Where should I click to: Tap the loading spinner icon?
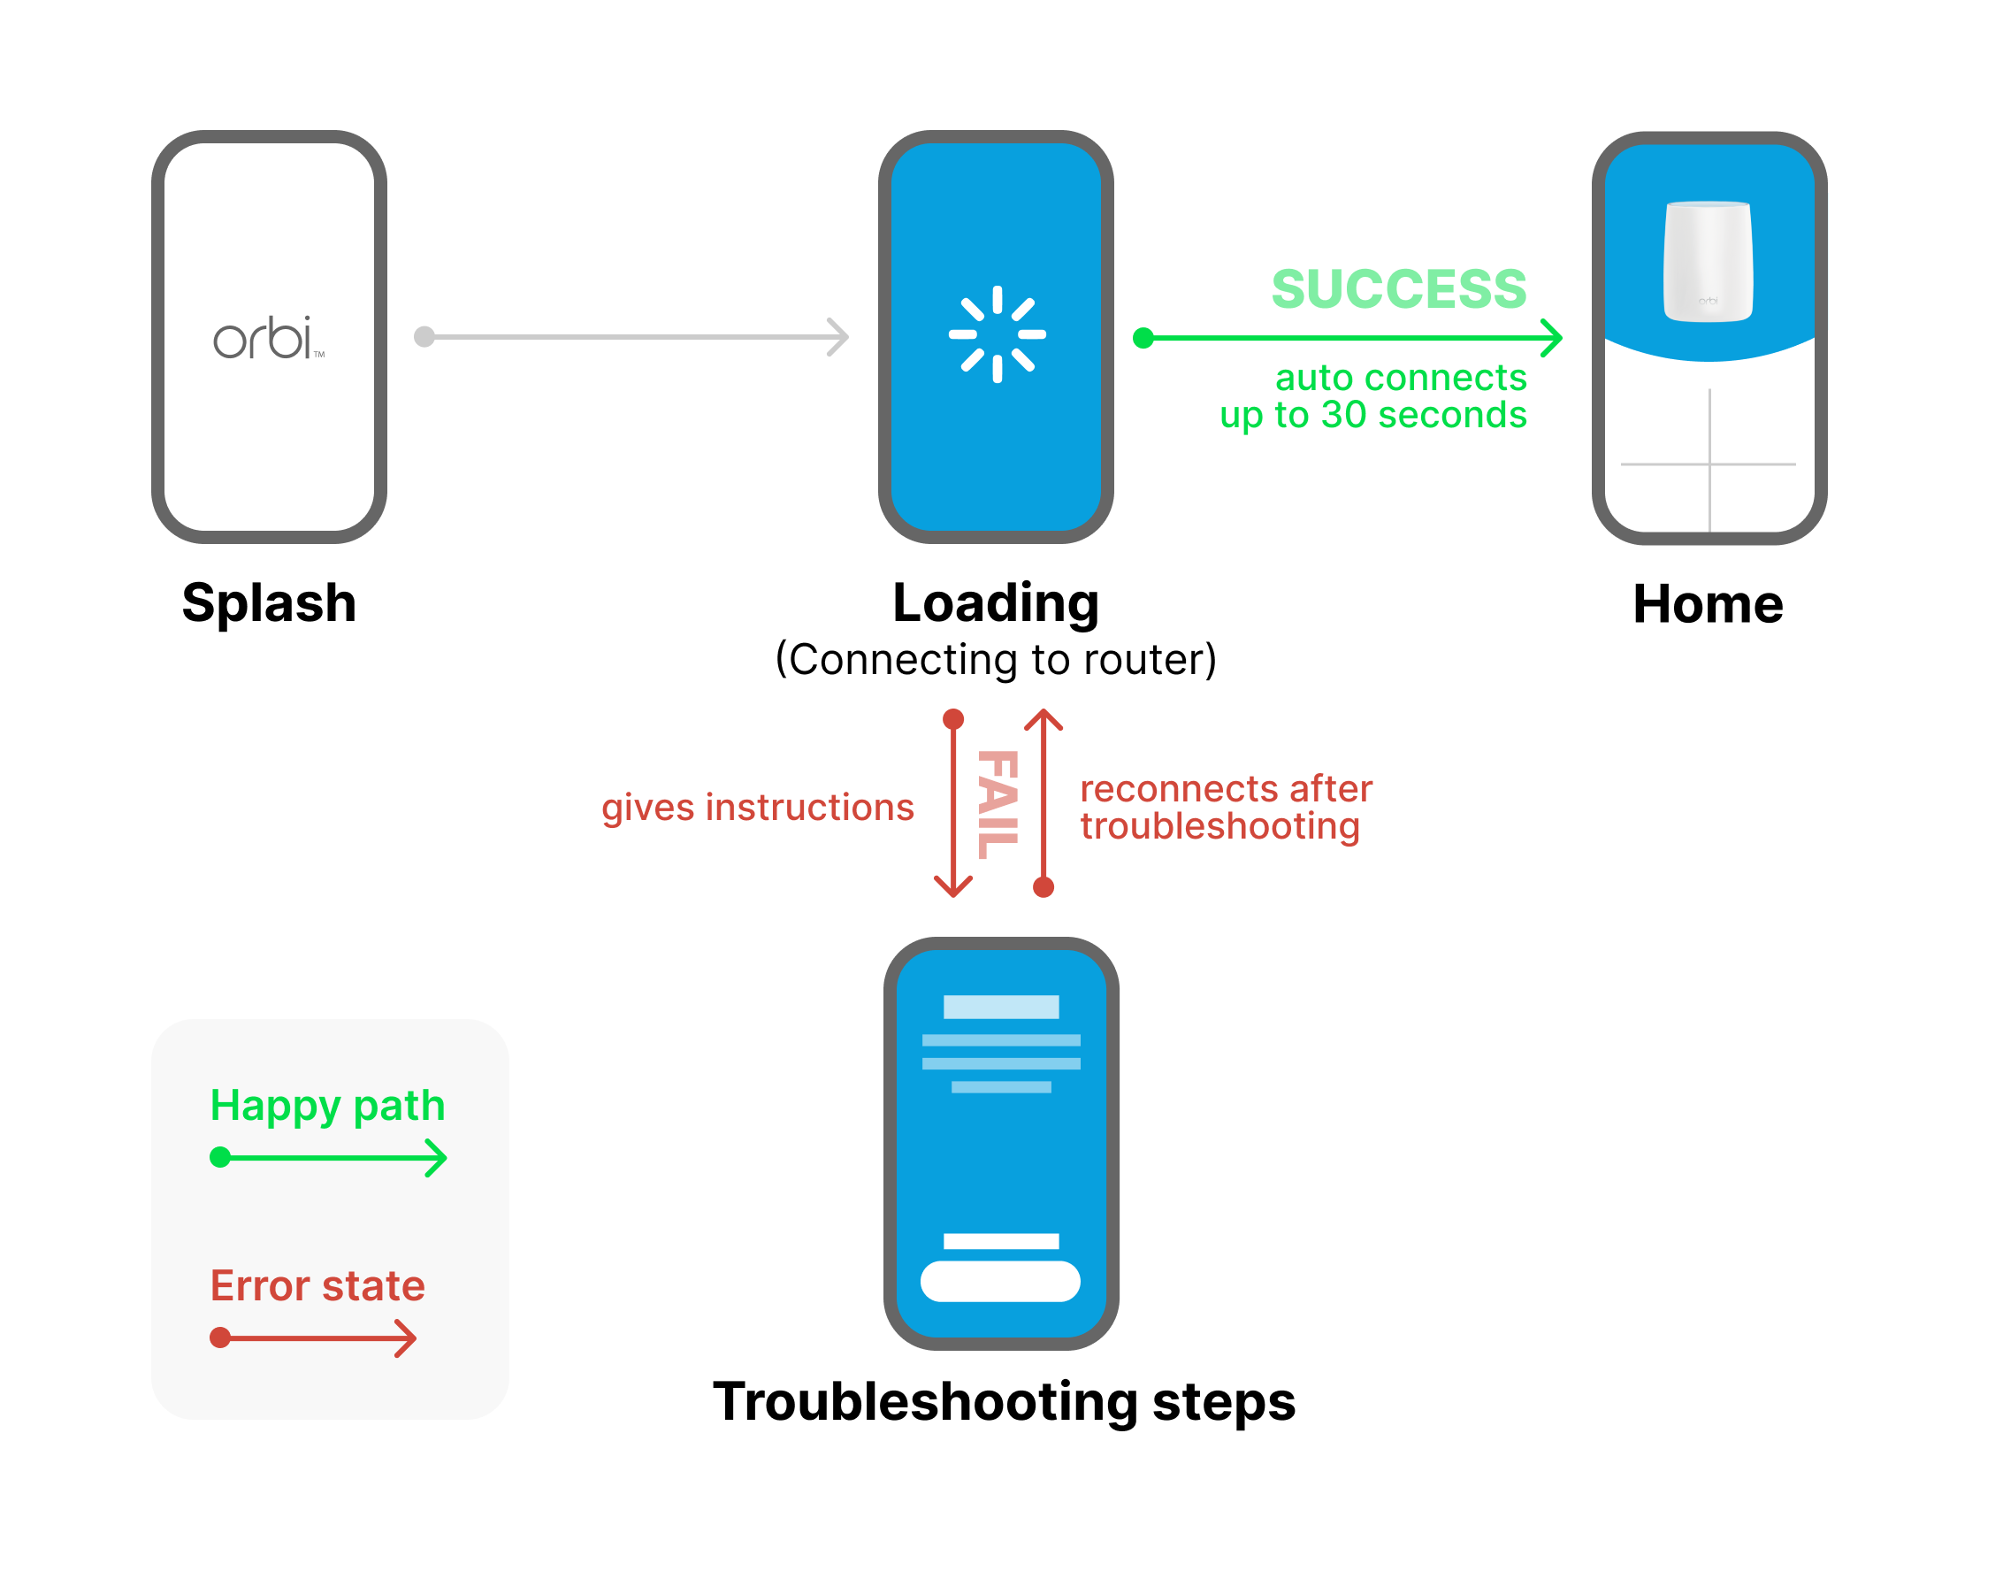pos(997,334)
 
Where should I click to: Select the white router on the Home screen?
pos(1708,261)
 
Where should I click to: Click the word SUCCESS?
pos(1398,288)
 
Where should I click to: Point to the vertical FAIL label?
pos(998,804)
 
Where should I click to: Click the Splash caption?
pos(269,602)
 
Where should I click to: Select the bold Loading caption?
pos(996,602)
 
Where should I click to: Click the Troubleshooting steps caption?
pos(1004,1401)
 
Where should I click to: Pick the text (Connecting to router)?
pos(996,659)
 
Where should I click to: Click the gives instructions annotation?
pos(757,808)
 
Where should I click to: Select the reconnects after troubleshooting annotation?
pos(1226,807)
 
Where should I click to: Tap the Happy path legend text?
pos(327,1107)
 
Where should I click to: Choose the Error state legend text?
pos(317,1286)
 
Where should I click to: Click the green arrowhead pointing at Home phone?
pos(1551,338)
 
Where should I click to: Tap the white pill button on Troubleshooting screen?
pos(1000,1281)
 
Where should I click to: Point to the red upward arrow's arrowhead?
pos(1044,719)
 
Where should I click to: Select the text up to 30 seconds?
pos(1372,415)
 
